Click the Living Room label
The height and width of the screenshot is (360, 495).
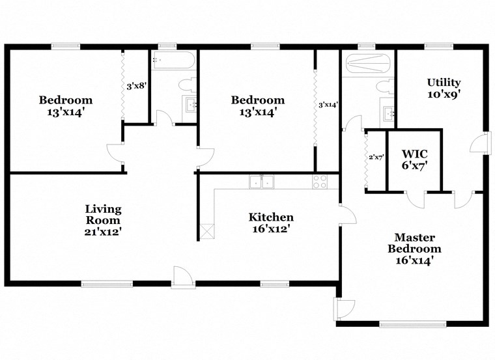pyautogui.click(x=103, y=219)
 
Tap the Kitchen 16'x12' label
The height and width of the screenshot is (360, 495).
pyautogui.click(x=271, y=223)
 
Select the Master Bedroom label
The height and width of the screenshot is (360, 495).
pyautogui.click(x=414, y=249)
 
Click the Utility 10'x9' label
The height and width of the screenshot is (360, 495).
pyautogui.click(x=444, y=88)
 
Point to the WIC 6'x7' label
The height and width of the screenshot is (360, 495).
pyautogui.click(x=414, y=159)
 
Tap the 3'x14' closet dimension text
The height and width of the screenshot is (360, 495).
pyautogui.click(x=328, y=104)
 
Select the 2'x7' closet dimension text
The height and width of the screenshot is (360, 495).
pyautogui.click(x=376, y=157)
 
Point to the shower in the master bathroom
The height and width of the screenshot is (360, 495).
pyautogui.click(x=368, y=62)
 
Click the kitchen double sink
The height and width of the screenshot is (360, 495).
pyautogui.click(x=263, y=182)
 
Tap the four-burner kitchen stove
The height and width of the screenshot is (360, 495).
pyautogui.click(x=320, y=182)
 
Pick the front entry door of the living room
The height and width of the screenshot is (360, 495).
pyautogui.click(x=183, y=276)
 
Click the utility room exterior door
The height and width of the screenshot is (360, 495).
pyautogui.click(x=481, y=143)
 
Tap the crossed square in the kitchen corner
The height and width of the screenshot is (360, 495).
pyautogui.click(x=208, y=230)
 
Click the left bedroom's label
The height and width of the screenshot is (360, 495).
pyautogui.click(x=65, y=106)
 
